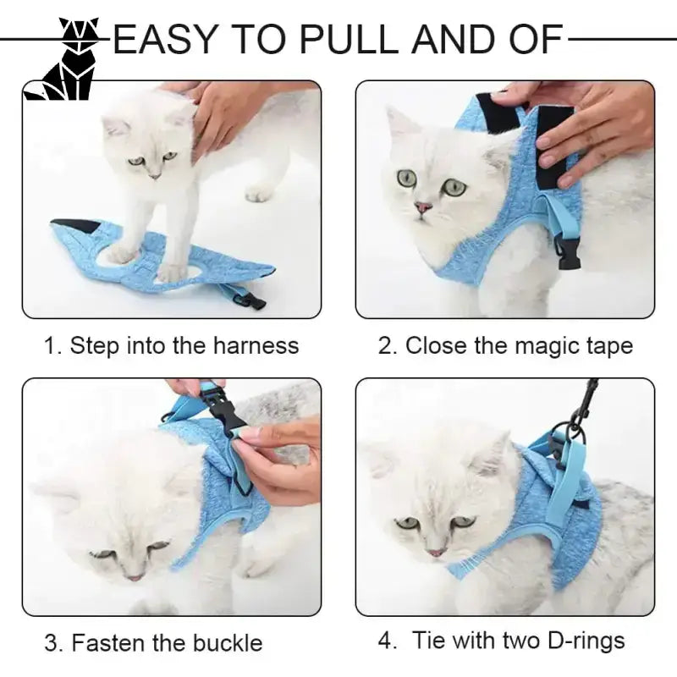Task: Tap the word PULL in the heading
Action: click(348, 40)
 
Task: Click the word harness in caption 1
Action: click(256, 345)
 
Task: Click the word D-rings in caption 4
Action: click(586, 641)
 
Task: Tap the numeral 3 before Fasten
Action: click(51, 643)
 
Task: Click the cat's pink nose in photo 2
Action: click(422, 207)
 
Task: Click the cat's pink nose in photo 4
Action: click(436, 553)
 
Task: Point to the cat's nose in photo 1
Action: click(155, 176)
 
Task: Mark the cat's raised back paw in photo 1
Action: click(260, 193)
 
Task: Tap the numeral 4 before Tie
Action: click(385, 641)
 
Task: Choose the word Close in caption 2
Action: click(436, 345)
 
